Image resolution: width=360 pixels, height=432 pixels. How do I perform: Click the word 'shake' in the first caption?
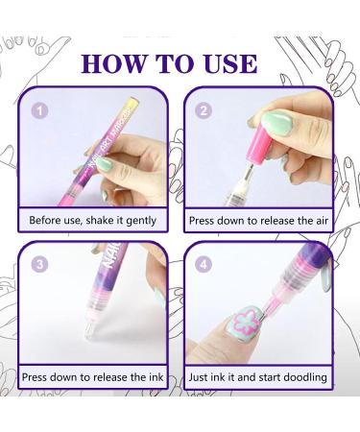click(102, 221)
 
